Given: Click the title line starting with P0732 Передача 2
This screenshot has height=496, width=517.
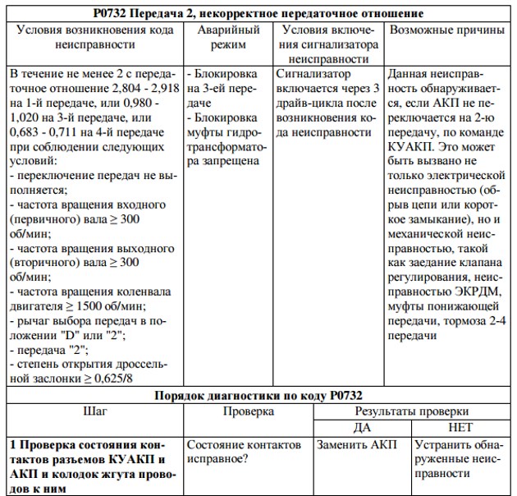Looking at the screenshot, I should click(x=259, y=13).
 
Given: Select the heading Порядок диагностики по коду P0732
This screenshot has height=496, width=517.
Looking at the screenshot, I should click(x=258, y=394).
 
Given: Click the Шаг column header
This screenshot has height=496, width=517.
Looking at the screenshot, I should click(x=95, y=411).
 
